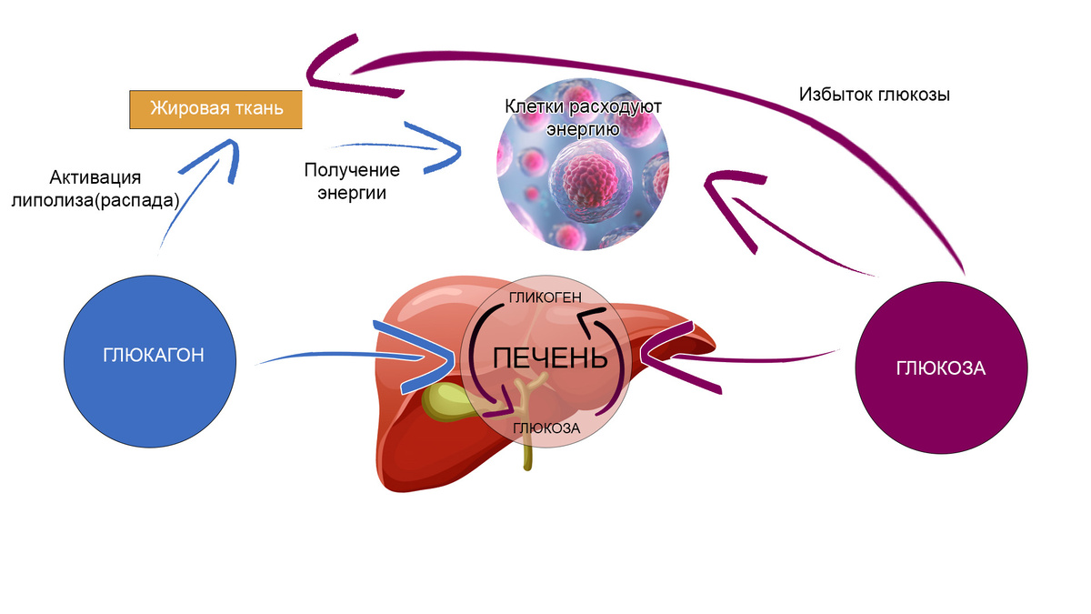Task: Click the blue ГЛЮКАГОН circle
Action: point(153,356)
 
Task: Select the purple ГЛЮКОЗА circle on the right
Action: point(941,369)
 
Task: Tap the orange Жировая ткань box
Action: point(215,109)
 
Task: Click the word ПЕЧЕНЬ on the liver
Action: point(549,357)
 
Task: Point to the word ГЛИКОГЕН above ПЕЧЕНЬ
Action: point(545,297)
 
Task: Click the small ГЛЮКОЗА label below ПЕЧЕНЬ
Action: point(546,428)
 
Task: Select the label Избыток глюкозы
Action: point(875,94)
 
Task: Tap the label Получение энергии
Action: point(352,181)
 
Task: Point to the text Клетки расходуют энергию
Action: point(583,117)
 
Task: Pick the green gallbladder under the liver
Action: point(447,401)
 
